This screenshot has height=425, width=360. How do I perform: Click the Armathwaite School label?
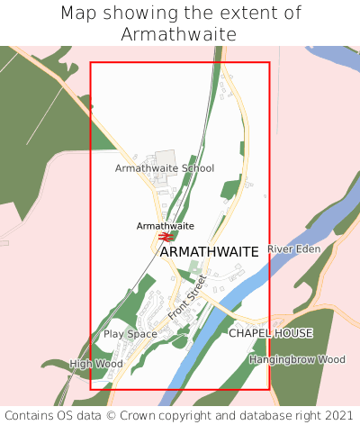click(165, 168)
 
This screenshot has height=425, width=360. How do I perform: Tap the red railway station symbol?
click(166, 237)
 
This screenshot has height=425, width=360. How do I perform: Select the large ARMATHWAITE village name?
click(209, 252)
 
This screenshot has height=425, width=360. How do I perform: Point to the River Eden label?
click(293, 249)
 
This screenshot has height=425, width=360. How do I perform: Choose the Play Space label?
click(130, 334)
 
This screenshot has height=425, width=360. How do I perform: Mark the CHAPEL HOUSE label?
click(270, 333)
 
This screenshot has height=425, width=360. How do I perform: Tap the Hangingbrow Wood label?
click(297, 359)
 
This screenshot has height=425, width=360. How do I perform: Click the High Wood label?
click(95, 364)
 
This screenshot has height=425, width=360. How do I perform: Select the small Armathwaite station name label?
click(165, 225)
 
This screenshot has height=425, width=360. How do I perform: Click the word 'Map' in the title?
click(79, 14)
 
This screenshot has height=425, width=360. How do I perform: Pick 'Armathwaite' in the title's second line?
click(179, 34)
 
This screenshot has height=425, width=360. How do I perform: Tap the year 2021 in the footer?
click(338, 415)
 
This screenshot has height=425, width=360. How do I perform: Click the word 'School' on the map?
click(198, 168)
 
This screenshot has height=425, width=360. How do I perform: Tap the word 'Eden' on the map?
click(307, 249)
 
